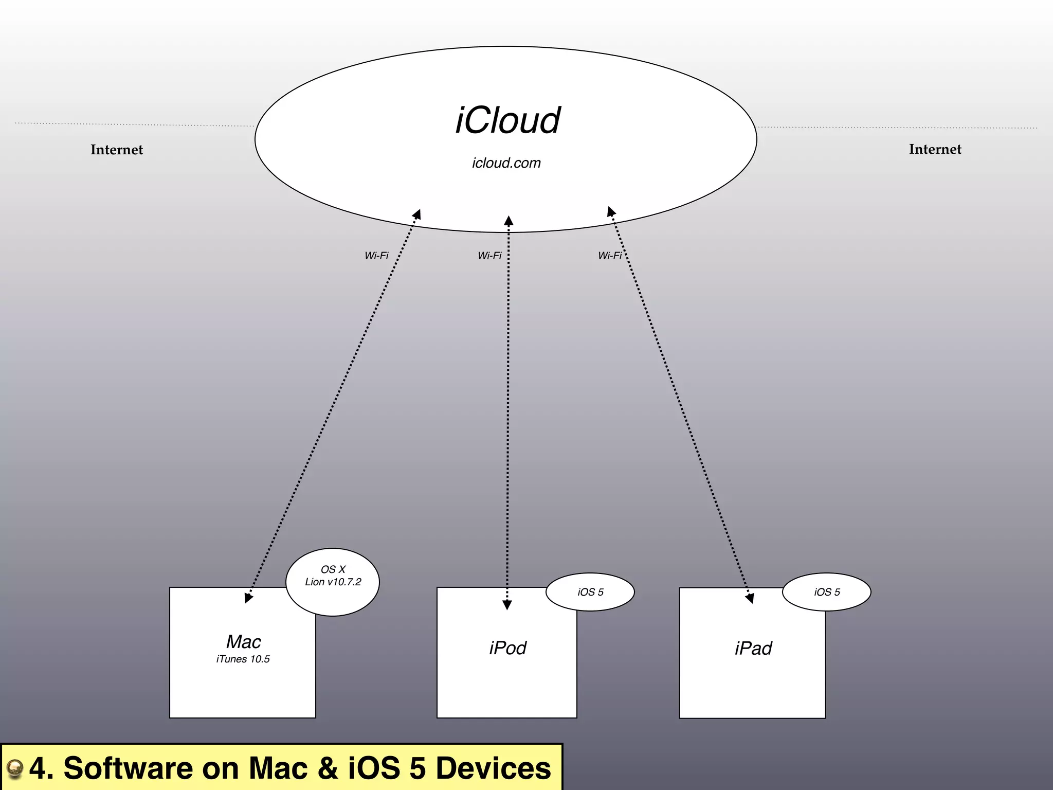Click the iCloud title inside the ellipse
tap(507, 121)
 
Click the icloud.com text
tap(506, 163)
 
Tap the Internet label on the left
tap(117, 150)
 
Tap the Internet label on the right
tap(935, 149)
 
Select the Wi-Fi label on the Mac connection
tap(376, 256)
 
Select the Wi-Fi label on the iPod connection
tap(489, 256)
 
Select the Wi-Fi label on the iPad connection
tap(610, 256)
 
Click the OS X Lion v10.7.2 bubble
tap(333, 582)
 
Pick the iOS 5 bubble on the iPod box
tap(590, 592)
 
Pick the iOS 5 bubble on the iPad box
tap(827, 592)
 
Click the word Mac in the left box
tap(243, 641)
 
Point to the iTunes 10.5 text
tap(243, 659)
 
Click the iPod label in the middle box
tap(507, 648)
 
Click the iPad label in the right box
tap(753, 649)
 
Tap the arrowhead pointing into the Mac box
tap(248, 597)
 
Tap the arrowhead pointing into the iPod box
tap(507, 605)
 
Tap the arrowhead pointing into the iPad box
tap(750, 598)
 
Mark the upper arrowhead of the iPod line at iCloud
tap(509, 222)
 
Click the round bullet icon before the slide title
tap(15, 768)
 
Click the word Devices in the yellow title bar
tap(493, 768)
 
